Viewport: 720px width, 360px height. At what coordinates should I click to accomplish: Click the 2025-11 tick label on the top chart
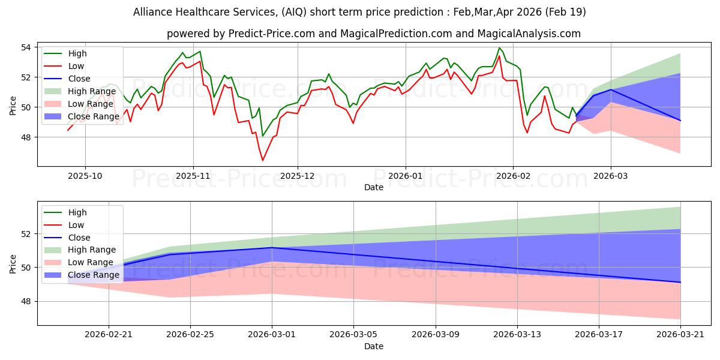193,176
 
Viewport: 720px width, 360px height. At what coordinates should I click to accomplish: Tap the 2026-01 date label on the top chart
405,176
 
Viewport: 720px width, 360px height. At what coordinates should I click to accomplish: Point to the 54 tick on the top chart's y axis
26,47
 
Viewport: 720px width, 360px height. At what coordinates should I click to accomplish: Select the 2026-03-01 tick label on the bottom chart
272,335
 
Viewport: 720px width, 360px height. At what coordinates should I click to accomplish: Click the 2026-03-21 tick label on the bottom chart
680,335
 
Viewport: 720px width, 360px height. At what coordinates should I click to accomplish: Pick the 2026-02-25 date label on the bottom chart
190,335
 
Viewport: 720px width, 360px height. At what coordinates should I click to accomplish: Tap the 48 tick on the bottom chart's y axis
26,301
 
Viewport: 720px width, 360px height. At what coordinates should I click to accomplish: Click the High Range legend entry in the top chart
80,91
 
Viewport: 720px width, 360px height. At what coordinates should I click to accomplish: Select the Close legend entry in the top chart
67,79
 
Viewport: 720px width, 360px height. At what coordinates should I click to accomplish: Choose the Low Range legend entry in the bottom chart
79,262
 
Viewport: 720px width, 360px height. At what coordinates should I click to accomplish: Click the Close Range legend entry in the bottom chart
82,275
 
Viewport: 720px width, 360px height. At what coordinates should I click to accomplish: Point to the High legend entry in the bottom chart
65,212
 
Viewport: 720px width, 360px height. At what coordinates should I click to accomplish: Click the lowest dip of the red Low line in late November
262,160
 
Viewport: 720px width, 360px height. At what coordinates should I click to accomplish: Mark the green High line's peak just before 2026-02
499,48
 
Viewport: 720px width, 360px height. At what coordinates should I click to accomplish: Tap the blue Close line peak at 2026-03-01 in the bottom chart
272,247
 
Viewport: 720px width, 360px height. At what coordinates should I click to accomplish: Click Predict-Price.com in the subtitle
272,34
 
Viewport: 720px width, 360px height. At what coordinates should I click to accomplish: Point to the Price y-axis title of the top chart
13,106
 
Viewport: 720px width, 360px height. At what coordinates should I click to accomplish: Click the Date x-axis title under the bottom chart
373,346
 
